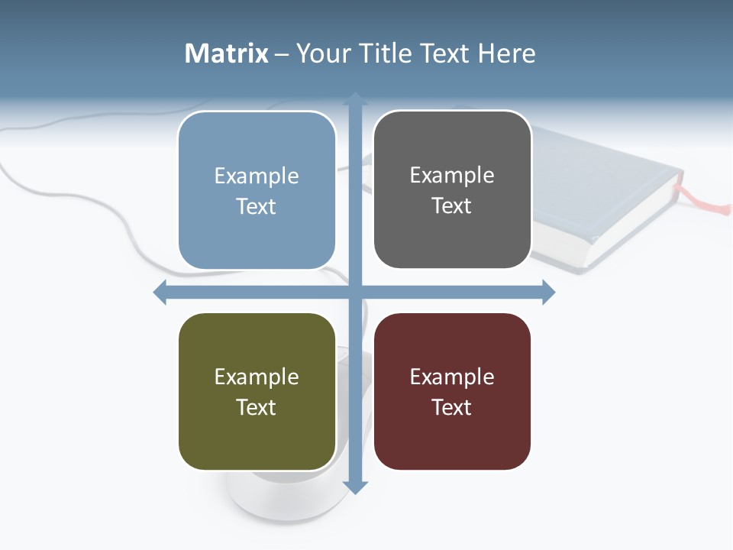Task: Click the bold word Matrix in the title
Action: pyautogui.click(x=227, y=53)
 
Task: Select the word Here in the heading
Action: pyautogui.click(x=507, y=53)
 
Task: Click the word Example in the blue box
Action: pyautogui.click(x=257, y=176)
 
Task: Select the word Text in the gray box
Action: pyautogui.click(x=452, y=206)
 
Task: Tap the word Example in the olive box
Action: pyautogui.click(x=257, y=377)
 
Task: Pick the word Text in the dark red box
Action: pyautogui.click(x=452, y=408)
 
